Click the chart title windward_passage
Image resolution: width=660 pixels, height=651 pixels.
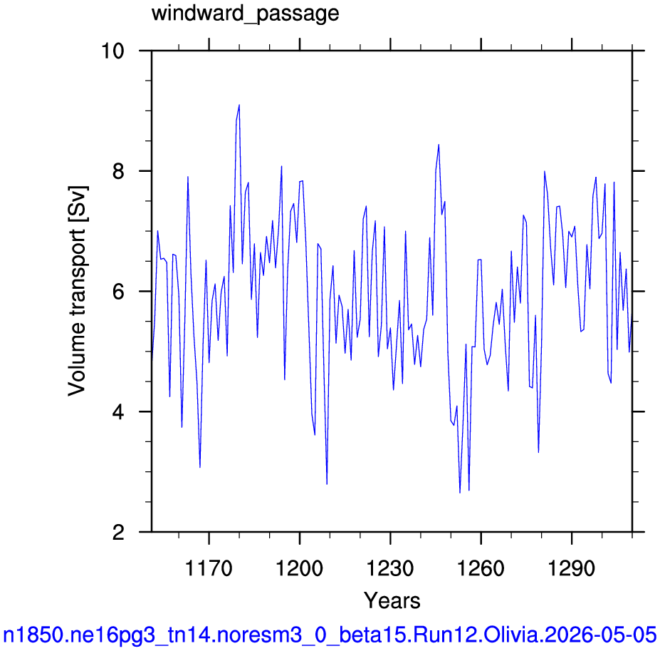pyautogui.click(x=246, y=14)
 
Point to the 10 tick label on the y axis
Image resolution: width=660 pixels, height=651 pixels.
pyautogui.click(x=113, y=51)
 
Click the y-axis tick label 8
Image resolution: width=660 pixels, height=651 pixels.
pyautogui.click(x=119, y=171)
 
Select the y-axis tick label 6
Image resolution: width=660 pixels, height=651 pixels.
pyautogui.click(x=119, y=292)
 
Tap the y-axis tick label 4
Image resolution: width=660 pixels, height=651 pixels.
pyautogui.click(x=119, y=412)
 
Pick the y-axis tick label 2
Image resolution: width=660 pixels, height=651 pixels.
pyautogui.click(x=119, y=532)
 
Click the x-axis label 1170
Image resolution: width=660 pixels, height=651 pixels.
pyautogui.click(x=209, y=568)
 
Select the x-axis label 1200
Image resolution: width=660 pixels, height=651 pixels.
pyautogui.click(x=299, y=568)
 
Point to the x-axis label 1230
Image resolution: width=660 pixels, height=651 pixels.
pyautogui.click(x=390, y=568)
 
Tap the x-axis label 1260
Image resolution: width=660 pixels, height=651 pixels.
pyautogui.click(x=481, y=568)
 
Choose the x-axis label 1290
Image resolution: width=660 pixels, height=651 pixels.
pyautogui.click(x=572, y=568)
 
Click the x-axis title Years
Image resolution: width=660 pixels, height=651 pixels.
pyautogui.click(x=392, y=600)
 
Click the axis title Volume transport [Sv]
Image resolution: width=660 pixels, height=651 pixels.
pyautogui.click(x=77, y=291)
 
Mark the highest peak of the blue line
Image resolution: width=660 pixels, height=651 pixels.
pyautogui.click(x=239, y=105)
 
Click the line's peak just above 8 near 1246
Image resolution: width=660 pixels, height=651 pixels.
pyautogui.click(x=439, y=145)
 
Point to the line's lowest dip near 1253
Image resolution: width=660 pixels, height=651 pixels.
pyautogui.click(x=460, y=493)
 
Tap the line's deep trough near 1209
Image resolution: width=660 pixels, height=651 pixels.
pyautogui.click(x=327, y=484)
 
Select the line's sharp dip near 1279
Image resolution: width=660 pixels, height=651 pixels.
pyautogui.click(x=538, y=452)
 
